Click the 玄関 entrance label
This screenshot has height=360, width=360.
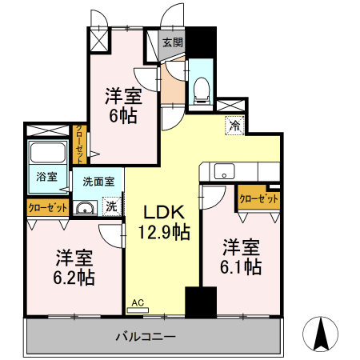pos(172,43)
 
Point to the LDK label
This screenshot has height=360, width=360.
pos(165,213)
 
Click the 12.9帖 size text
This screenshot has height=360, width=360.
pos(166,233)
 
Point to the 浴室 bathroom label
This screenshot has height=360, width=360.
pos(46,178)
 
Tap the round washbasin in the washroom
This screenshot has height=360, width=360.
pos(83,208)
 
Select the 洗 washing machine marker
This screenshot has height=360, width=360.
pos(112,206)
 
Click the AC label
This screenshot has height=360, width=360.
pos(137,302)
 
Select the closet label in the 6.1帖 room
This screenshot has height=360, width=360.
pos(258,198)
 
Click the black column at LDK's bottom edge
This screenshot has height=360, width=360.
pos(195,302)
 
